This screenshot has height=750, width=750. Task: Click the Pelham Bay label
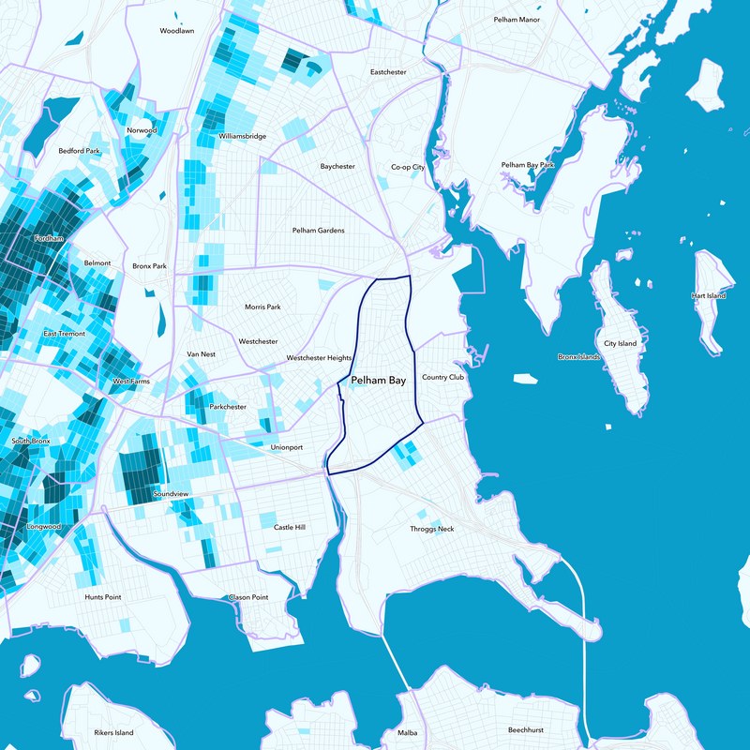pyautogui.click(x=378, y=381)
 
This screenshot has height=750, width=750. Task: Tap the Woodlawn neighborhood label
pyautogui.click(x=176, y=31)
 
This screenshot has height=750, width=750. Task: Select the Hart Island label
pyautogui.click(x=709, y=295)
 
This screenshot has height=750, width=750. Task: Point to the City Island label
pyautogui.click(x=620, y=344)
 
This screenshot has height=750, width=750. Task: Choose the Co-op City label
pyautogui.click(x=408, y=167)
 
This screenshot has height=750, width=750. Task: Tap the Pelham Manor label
pyautogui.click(x=517, y=20)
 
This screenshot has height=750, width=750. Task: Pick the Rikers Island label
pyautogui.click(x=113, y=732)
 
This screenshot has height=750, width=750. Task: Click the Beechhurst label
pyautogui.click(x=526, y=729)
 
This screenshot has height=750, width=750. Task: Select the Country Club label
pyautogui.click(x=442, y=377)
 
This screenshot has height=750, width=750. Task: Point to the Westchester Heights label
pyautogui.click(x=319, y=358)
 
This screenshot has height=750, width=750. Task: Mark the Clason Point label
pyautogui.click(x=248, y=597)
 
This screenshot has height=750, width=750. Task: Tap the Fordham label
pyautogui.click(x=49, y=239)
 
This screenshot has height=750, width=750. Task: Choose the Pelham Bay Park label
pyautogui.click(x=528, y=165)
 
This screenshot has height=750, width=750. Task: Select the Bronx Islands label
pyautogui.click(x=578, y=357)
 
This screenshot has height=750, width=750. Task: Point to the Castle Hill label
pyautogui.click(x=290, y=527)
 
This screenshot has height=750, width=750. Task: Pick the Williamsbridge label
pyautogui.click(x=243, y=136)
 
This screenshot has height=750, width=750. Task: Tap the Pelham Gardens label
pyautogui.click(x=319, y=230)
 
